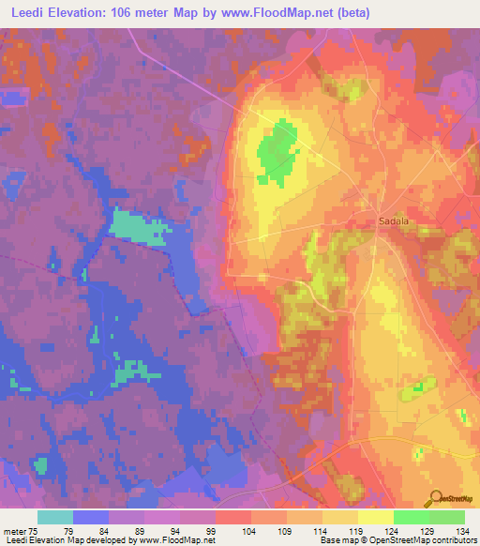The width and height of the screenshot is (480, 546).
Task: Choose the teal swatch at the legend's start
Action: pos(55,517)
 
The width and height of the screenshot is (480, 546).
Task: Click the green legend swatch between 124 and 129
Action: pos(411,517)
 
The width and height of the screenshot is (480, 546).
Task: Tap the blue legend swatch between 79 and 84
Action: pos(91,517)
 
